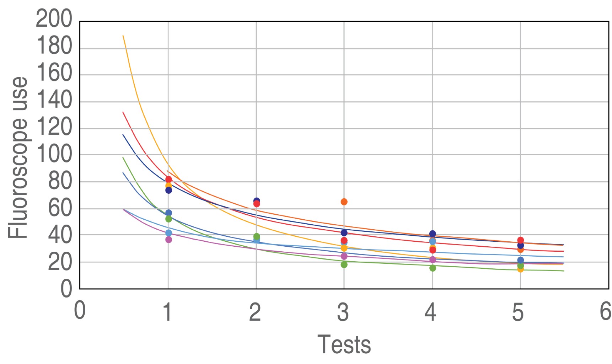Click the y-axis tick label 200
pos(54,19)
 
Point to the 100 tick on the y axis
pos(54,154)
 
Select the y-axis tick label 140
pos(54,100)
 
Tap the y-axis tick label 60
pos(60,208)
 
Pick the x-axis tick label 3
pos(343,312)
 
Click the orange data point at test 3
pos(344,202)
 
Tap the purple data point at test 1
pos(168,240)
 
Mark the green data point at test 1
pos(168,219)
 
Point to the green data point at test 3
pos(344,264)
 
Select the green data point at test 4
pos(433,268)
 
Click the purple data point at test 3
pos(344,256)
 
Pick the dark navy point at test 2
pos(257,201)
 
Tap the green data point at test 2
pos(257,236)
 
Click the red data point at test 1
pos(168,180)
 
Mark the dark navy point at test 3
pos(344,233)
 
